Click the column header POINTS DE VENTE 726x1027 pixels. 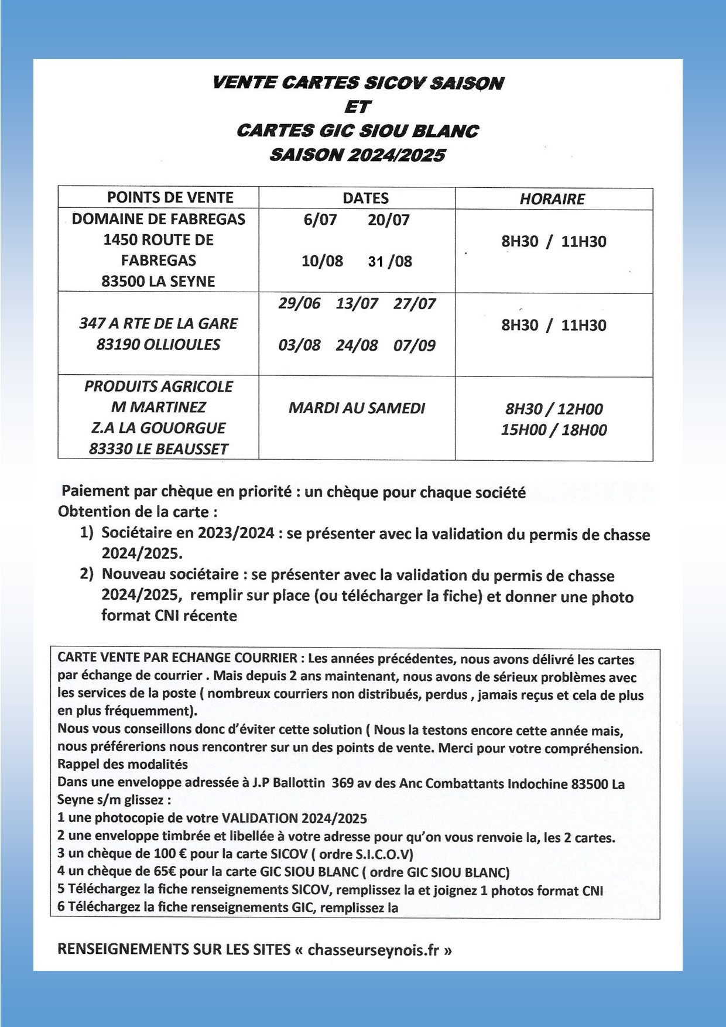pyautogui.click(x=170, y=198)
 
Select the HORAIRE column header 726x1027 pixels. pyautogui.click(x=552, y=199)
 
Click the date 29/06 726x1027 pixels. pyautogui.click(x=299, y=304)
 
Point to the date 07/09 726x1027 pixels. pyautogui.click(x=415, y=345)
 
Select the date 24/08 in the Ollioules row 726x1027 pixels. pyautogui.click(x=357, y=345)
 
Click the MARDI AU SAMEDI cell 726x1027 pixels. pyautogui.click(x=357, y=408)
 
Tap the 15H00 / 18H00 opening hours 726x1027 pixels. pyautogui.click(x=553, y=430)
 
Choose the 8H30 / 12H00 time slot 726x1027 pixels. pyautogui.click(x=553, y=409)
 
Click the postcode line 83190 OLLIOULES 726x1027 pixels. pyautogui.click(x=158, y=344)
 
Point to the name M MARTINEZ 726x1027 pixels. pyautogui.click(x=158, y=407)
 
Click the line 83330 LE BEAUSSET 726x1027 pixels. pyautogui.click(x=158, y=449)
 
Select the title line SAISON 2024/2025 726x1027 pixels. pyautogui.click(x=357, y=155)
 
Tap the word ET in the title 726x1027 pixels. pyautogui.click(x=357, y=107)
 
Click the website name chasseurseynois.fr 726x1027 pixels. pyautogui.click(x=373, y=949)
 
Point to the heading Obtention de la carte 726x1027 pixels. pyautogui.click(x=138, y=512)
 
